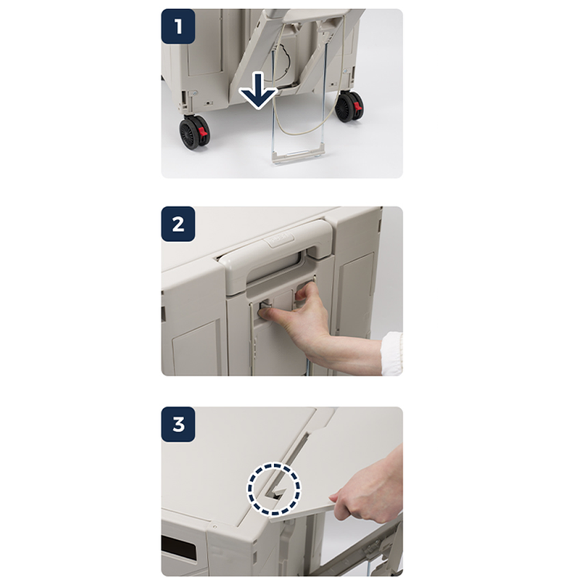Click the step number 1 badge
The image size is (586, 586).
(x=178, y=26)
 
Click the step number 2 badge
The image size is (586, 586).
(x=178, y=224)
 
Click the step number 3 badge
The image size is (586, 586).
(x=178, y=424)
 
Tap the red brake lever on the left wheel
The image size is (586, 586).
(x=203, y=131)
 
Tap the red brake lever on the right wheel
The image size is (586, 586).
(x=358, y=105)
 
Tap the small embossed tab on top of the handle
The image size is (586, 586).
(x=279, y=238)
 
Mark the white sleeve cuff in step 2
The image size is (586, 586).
(x=391, y=354)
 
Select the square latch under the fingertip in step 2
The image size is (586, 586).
(x=265, y=307)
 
